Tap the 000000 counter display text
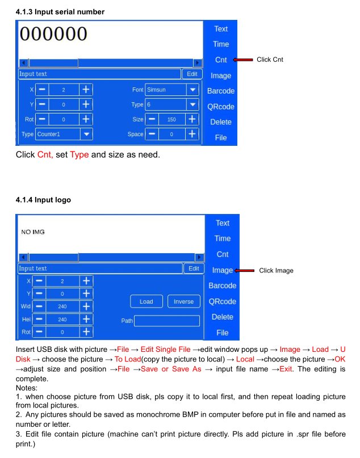pos(53,34)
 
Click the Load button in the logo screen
pos(146,301)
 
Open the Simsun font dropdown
pos(171,90)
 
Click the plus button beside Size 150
pos(192,119)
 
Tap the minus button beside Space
pos(152,134)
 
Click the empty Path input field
pos(167,321)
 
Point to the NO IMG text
pos(33,232)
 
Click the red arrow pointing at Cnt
pos(243,60)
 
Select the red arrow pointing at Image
pos(245,271)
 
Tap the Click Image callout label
pos(276,271)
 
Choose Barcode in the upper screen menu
pos(220,91)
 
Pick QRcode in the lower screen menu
pos(222,301)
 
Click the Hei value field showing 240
pos(62,320)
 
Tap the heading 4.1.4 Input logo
pos(43,200)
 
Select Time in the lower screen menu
pos(222,238)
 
